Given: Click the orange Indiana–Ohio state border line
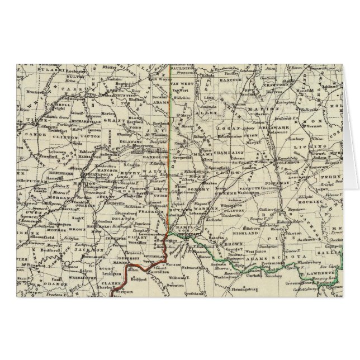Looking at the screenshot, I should click(170, 140).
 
